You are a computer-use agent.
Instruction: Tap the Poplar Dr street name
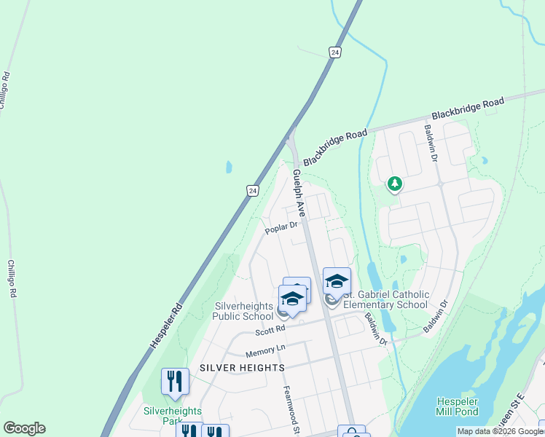tap(282, 228)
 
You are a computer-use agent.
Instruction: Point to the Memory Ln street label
tap(262, 352)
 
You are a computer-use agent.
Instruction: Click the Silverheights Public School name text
tap(243, 311)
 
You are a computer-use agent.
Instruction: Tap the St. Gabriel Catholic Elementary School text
tap(385, 299)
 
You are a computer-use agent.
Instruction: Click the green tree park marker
tap(394, 184)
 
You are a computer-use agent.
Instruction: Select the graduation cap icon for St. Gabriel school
tap(337, 280)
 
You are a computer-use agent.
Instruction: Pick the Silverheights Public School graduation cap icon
tap(292, 299)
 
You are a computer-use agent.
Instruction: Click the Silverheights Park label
tap(162, 415)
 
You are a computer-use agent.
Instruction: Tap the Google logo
tap(24, 428)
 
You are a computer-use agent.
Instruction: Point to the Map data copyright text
tap(500, 432)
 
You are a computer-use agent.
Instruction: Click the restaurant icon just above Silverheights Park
tap(175, 380)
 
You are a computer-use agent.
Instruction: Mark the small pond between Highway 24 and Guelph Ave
tap(229, 167)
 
